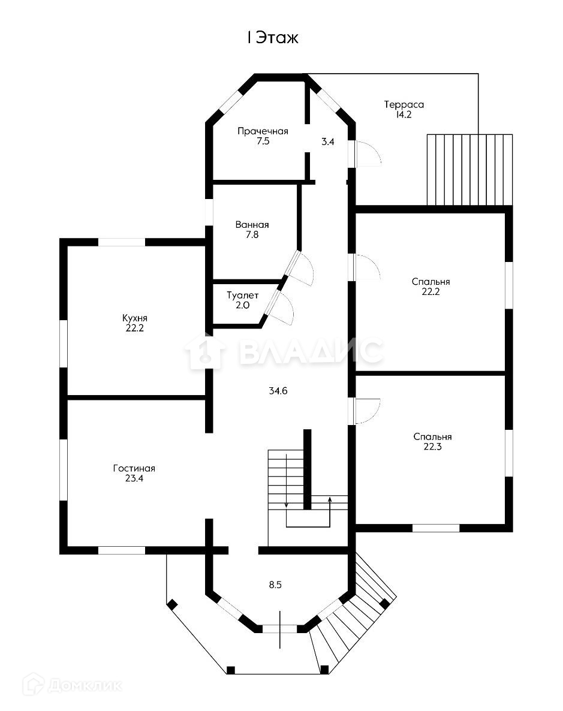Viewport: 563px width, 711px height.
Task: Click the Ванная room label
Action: tap(252, 230)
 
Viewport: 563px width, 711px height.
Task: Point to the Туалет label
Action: tap(242, 300)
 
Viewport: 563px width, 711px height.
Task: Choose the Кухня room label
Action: tap(134, 323)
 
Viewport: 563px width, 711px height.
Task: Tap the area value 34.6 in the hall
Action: tap(278, 391)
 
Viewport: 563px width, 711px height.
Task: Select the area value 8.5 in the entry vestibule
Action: tap(275, 585)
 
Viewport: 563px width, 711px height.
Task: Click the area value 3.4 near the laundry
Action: tap(327, 142)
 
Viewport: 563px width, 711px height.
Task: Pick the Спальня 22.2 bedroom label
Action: tap(430, 287)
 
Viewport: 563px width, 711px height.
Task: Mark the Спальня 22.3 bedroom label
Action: tap(432, 442)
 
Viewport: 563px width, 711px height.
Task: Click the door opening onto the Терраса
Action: tap(367, 153)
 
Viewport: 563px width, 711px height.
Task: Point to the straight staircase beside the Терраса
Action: tap(469, 170)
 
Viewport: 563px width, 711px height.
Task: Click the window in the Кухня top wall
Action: tap(121, 242)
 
